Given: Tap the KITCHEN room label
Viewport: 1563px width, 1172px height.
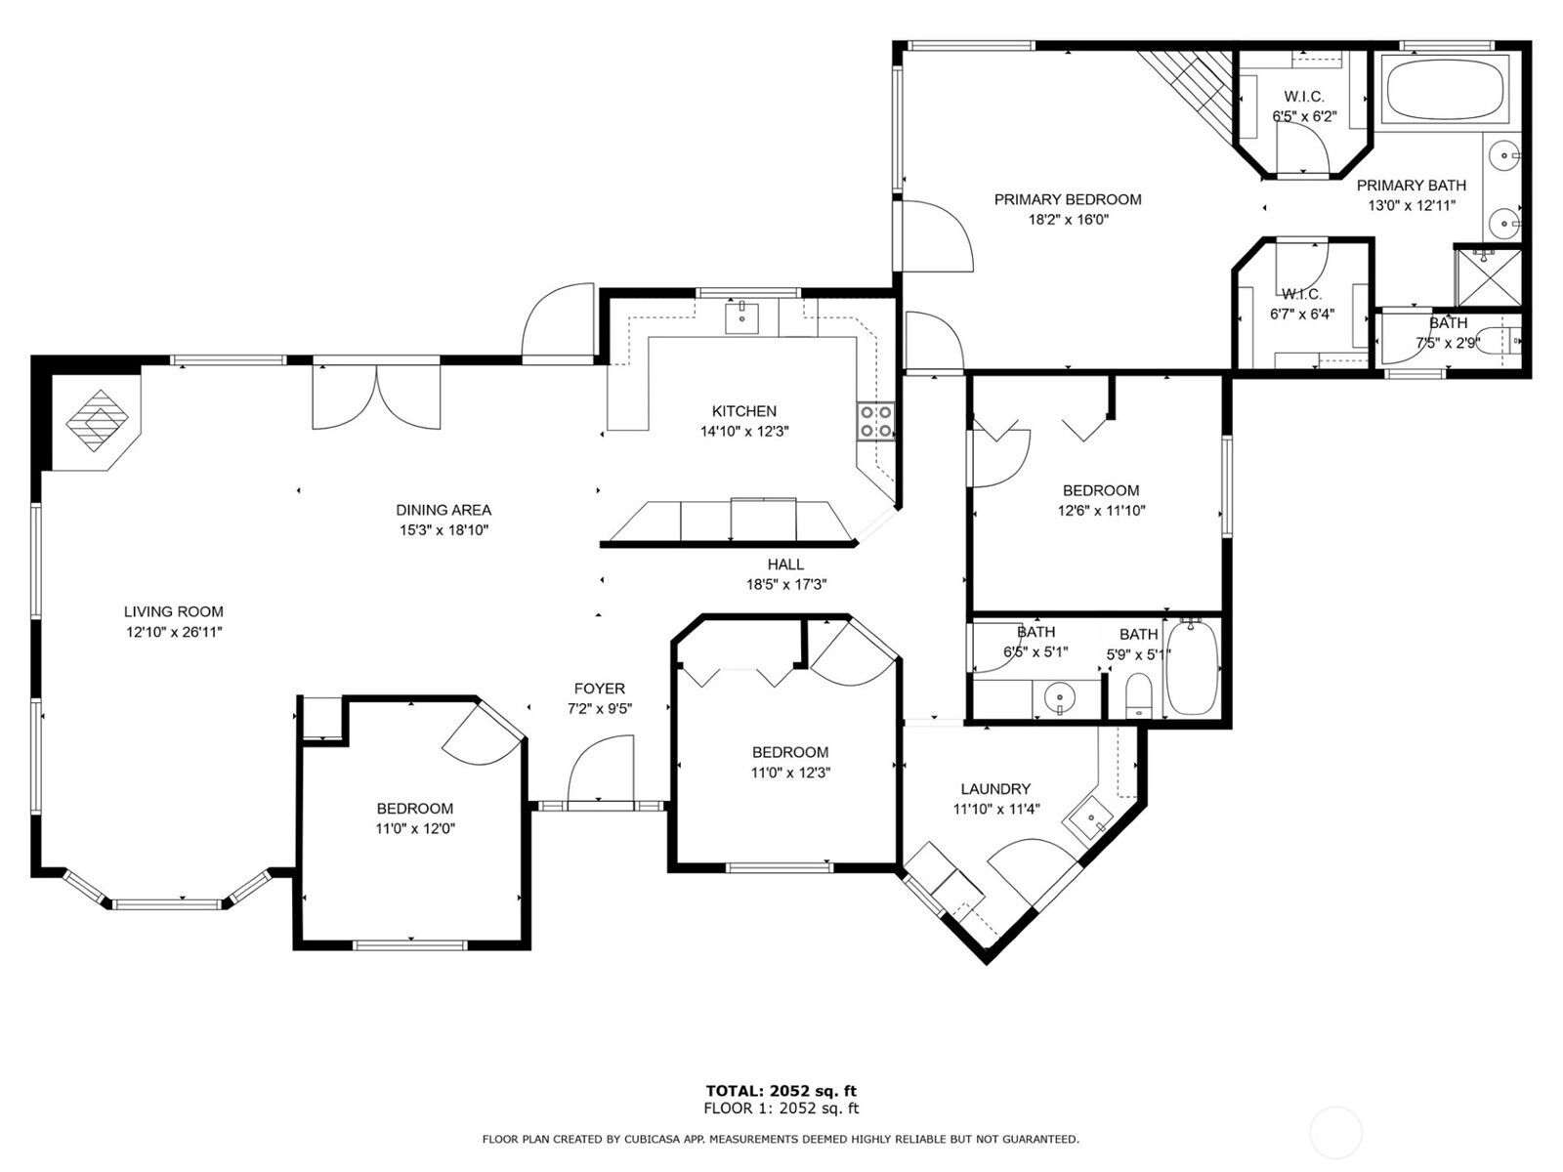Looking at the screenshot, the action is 744,411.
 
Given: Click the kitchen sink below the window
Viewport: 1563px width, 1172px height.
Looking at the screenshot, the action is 742,317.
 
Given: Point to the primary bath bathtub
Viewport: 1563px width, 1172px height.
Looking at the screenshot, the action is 1446,91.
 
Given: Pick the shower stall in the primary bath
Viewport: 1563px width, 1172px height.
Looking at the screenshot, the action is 1487,277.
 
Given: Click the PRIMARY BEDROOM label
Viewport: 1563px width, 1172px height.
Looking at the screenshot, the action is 1068,200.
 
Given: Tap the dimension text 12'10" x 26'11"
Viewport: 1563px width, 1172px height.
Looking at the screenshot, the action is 175,632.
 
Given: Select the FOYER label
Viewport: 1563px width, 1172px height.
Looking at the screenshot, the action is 600,689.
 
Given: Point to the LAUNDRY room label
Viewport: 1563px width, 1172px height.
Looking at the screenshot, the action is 995,789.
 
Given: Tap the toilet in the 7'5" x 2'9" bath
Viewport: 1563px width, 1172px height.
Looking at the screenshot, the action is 1499,342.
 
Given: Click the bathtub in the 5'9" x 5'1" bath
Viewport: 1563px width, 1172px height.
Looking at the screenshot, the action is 1192,667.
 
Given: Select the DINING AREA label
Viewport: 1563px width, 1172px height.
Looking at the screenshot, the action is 444,510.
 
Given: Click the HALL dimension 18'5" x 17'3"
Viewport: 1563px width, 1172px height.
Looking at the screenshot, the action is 786,585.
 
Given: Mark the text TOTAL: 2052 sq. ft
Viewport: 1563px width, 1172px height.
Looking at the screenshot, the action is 781,1091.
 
